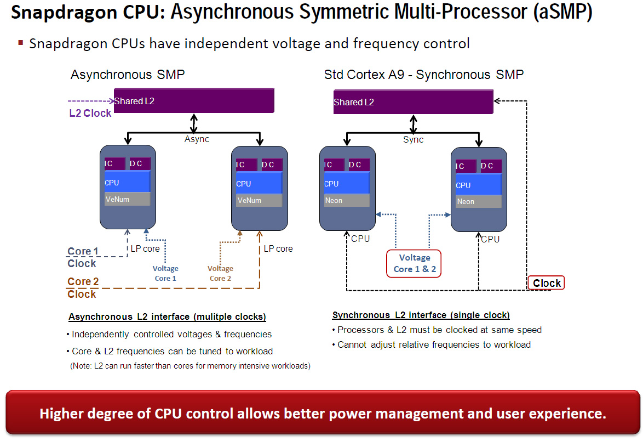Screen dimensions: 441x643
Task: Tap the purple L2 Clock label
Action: [90, 114]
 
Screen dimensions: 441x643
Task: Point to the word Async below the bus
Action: [197, 139]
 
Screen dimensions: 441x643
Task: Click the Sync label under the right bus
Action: [414, 139]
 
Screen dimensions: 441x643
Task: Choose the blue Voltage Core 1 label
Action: [165, 273]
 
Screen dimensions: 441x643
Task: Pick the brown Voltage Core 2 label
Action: [220, 273]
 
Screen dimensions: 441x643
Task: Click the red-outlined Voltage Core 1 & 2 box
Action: [415, 263]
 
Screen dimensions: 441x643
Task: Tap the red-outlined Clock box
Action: [547, 283]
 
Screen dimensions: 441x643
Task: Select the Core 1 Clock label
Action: [82, 257]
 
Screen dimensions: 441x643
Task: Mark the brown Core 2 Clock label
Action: [82, 288]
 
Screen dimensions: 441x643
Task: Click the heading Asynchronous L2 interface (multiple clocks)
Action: [167, 317]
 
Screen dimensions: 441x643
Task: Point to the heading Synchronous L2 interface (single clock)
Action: [421, 315]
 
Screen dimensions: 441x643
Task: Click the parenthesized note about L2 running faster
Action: [190, 366]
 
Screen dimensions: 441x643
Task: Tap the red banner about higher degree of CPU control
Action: [322, 414]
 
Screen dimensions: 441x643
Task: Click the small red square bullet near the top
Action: [21, 42]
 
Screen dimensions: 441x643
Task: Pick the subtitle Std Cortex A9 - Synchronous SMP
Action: [424, 75]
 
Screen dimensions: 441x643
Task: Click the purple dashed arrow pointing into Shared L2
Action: [90, 101]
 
